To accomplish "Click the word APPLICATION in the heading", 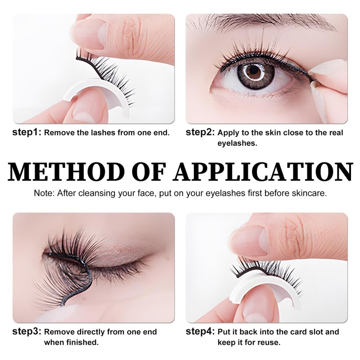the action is (263, 172).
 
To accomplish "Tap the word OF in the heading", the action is (148, 172).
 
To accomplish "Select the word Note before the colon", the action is (44, 193).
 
